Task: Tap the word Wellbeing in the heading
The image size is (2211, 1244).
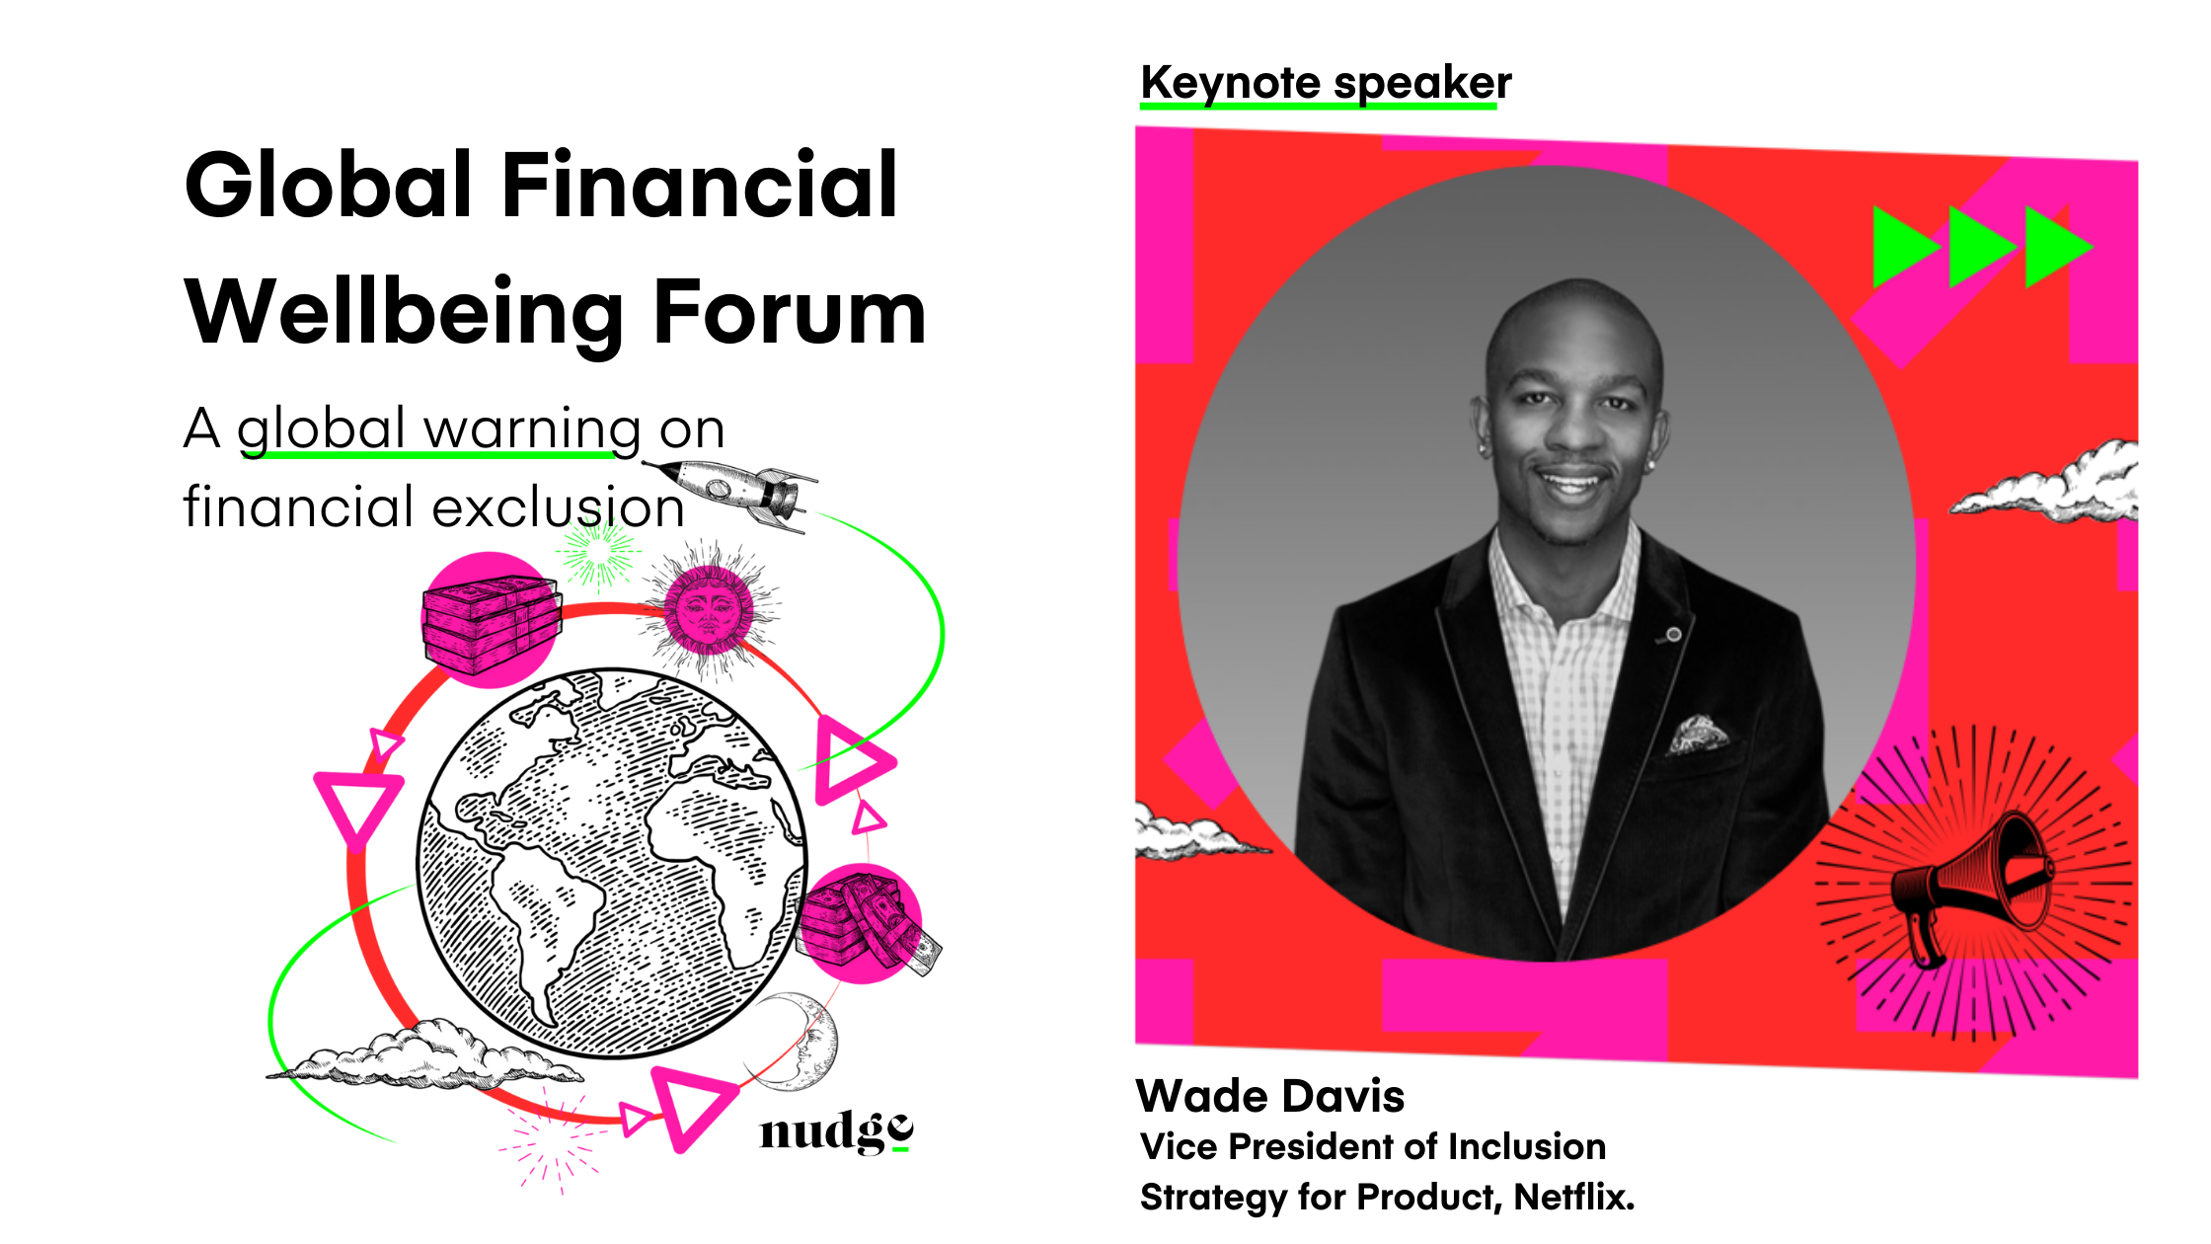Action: (406, 312)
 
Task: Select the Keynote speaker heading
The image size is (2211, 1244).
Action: (1326, 83)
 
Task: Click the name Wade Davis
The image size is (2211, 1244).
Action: (1270, 1096)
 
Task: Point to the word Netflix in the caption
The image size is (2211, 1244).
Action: (1573, 1197)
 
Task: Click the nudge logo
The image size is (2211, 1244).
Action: (837, 1131)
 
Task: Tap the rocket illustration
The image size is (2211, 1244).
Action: (731, 494)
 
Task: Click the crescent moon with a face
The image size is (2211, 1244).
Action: (804, 1041)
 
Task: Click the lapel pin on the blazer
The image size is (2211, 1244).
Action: (1673, 634)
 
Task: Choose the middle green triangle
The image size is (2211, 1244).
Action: (1980, 247)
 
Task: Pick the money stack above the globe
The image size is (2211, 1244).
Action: (491, 624)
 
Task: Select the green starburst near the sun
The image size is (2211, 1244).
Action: (597, 553)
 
